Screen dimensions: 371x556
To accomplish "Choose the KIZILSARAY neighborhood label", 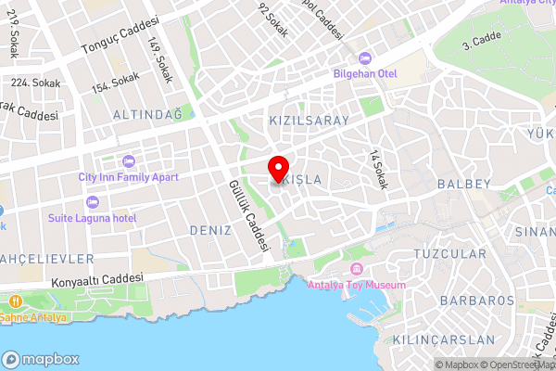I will click(x=309, y=122).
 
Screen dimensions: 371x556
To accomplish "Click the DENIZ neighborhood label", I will click(x=209, y=229).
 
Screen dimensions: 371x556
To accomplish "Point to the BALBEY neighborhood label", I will click(x=463, y=185).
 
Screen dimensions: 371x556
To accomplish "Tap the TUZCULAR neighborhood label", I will click(x=449, y=253).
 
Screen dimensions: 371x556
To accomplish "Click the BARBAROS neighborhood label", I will click(x=477, y=301).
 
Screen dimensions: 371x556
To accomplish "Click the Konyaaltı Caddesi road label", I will click(x=99, y=279).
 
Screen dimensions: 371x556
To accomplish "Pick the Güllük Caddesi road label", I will click(x=248, y=216).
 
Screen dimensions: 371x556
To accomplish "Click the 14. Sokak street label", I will click(x=377, y=169).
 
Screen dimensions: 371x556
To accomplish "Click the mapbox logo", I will click(x=41, y=359).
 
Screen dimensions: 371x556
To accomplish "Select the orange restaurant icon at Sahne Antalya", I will click(x=16, y=302).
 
